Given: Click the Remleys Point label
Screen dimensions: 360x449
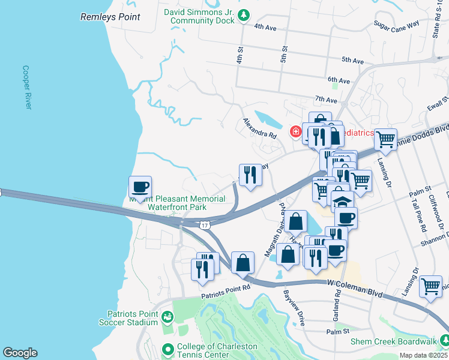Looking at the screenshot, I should (110, 17).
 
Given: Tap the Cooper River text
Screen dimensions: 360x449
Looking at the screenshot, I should (26, 87).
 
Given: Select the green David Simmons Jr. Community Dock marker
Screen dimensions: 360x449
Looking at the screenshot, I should (243, 15).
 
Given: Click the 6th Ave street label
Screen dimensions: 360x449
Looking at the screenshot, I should (339, 80).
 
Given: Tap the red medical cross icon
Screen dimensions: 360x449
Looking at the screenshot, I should (295, 132).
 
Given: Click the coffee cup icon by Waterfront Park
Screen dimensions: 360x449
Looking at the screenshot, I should (140, 187).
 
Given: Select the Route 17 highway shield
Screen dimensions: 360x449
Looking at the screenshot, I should (205, 225).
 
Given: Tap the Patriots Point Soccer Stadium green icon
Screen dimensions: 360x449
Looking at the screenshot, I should (169, 316).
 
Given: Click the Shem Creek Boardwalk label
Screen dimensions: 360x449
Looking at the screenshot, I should (394, 342).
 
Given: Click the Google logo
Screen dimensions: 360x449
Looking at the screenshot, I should (20, 353).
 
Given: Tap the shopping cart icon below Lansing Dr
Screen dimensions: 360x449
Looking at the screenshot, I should (430, 286).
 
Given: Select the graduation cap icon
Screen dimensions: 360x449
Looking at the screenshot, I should (342, 202).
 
